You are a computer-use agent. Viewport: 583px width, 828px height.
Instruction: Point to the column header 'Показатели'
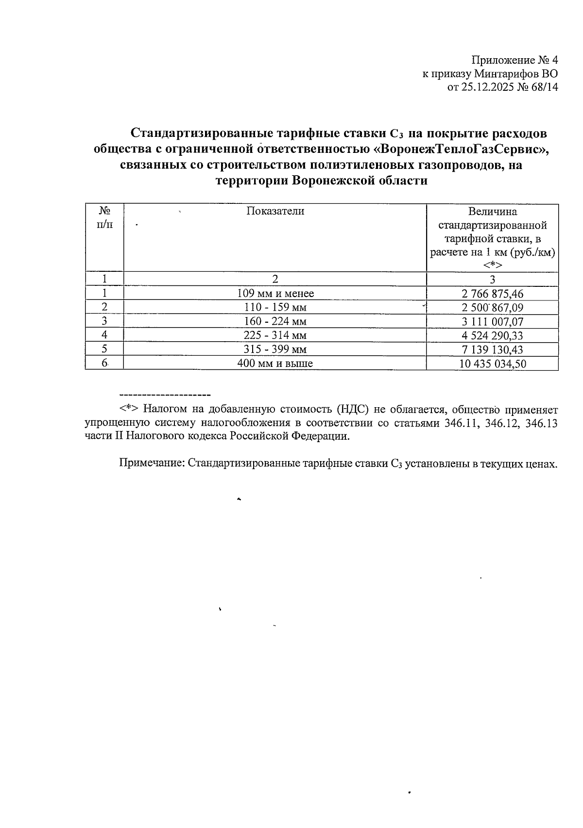point(275,211)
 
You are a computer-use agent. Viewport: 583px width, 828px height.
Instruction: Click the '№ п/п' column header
point(104,217)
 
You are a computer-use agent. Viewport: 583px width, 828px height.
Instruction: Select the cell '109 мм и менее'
point(275,294)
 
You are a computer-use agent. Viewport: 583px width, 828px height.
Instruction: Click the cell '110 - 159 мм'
point(275,308)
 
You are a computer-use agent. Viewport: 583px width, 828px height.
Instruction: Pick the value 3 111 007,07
point(492,322)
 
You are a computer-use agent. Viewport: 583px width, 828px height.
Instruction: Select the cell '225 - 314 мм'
point(275,335)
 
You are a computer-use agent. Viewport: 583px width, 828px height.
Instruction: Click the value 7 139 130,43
point(492,349)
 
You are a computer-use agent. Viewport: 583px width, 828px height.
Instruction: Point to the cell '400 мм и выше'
point(275,364)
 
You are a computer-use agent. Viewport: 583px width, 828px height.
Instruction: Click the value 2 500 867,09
point(492,308)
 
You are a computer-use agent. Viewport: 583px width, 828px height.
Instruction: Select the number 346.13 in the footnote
point(541,423)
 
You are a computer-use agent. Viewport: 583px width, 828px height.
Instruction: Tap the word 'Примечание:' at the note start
point(152,464)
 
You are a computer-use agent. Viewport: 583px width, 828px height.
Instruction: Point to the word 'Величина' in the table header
point(492,212)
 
